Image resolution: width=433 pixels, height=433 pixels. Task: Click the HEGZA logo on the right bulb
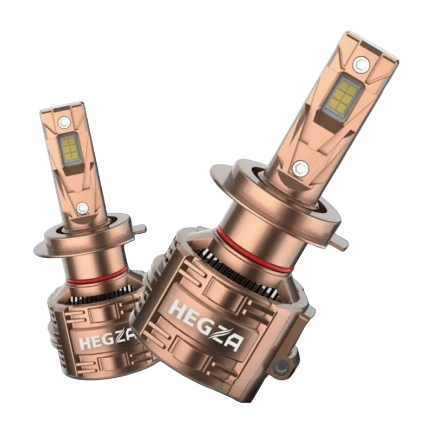206,325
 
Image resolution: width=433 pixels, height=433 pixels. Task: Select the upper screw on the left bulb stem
64,122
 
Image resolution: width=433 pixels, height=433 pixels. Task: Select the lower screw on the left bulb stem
82,208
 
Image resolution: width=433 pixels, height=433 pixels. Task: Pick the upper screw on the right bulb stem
362,64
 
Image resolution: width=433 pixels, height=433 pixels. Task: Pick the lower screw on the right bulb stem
300,168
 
